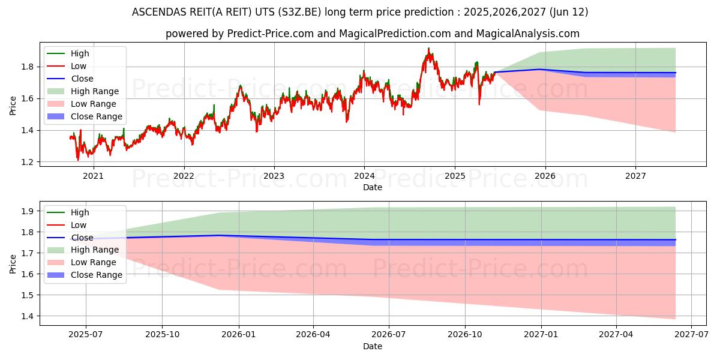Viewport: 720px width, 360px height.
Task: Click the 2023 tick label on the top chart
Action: click(x=274, y=176)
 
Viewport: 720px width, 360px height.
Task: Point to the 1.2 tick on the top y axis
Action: click(x=28, y=162)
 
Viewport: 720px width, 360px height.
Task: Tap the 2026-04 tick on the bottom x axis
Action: click(x=313, y=335)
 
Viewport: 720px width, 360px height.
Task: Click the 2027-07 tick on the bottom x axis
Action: click(x=692, y=335)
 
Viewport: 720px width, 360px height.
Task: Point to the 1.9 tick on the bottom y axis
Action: click(x=28, y=211)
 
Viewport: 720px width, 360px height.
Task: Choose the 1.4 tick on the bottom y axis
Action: click(x=28, y=316)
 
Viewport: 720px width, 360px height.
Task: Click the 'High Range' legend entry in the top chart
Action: click(x=94, y=91)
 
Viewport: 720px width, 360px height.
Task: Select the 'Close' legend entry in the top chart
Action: click(x=82, y=79)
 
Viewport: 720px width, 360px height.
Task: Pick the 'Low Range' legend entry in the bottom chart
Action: click(x=94, y=262)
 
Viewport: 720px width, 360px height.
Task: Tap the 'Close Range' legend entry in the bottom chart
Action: click(x=96, y=275)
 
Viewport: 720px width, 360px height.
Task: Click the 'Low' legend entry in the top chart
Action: click(x=79, y=66)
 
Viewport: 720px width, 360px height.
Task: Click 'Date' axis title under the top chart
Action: click(x=373, y=187)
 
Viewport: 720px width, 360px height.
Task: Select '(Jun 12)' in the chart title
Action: click(x=568, y=12)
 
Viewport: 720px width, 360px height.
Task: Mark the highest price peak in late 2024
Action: click(x=428, y=49)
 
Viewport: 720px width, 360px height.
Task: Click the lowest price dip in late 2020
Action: click(x=78, y=160)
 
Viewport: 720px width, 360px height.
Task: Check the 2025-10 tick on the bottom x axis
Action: click(x=161, y=335)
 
